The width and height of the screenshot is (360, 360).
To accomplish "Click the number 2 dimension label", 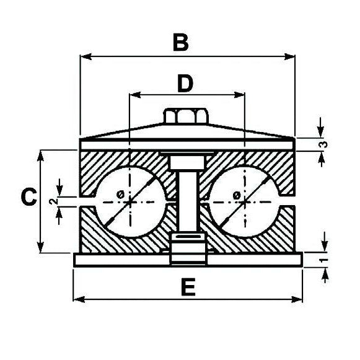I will coord(53,201).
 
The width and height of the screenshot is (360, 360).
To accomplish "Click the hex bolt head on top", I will coord(186,116).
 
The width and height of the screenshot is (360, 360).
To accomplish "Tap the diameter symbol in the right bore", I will coord(236,195).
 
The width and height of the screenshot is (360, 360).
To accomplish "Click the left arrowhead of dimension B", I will coord(85,56).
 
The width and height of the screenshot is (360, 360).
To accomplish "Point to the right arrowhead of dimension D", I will coord(240,95).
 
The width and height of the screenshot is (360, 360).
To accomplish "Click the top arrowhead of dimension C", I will coord(42,154).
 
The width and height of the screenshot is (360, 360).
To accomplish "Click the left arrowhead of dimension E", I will coord(78,300).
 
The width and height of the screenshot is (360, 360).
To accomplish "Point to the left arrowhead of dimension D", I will coord(132,95).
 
